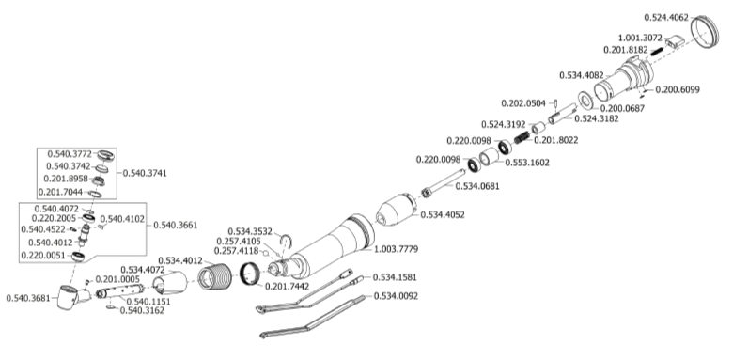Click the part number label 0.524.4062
666,18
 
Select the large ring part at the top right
705,31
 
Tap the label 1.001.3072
640,39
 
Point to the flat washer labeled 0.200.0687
585,100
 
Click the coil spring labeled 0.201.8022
522,137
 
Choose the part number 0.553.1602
527,163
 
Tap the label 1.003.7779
396,249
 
